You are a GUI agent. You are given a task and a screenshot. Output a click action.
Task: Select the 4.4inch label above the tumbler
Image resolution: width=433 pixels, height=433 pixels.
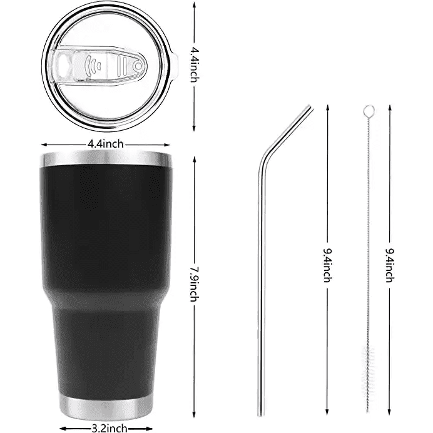pos(105,143)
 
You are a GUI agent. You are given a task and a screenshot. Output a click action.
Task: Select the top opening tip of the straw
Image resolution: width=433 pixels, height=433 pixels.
pos(310,108)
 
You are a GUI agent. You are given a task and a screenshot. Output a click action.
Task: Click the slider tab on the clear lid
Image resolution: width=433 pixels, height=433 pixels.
pos(125,64)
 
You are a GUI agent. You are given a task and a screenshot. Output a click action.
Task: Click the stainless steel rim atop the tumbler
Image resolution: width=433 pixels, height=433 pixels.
pos(105,157)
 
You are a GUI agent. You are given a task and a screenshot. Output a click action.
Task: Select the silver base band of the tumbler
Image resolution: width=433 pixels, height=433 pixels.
pos(105,404)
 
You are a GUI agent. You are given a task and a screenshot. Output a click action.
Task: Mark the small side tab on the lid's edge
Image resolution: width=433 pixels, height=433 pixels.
pos(176,63)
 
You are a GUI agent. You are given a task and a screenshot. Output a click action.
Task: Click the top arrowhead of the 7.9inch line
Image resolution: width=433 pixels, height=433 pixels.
pos(195,153)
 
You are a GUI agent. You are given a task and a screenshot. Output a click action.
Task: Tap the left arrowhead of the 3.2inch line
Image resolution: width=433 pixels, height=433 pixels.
pos(61,427)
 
